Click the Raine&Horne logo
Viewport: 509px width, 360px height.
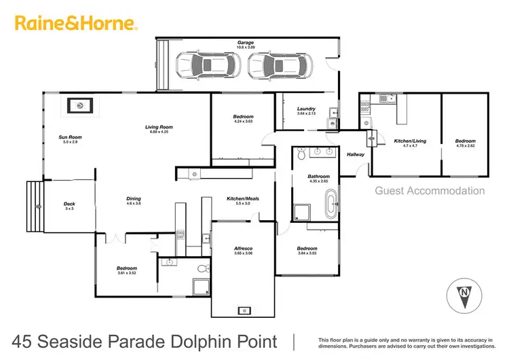point(76,24)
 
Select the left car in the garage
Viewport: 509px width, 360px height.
point(208,67)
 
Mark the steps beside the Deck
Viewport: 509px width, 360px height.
point(35,206)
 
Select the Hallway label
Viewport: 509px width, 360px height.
point(355,155)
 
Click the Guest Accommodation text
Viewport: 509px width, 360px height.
point(430,192)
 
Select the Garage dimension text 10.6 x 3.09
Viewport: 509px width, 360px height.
point(245,46)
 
